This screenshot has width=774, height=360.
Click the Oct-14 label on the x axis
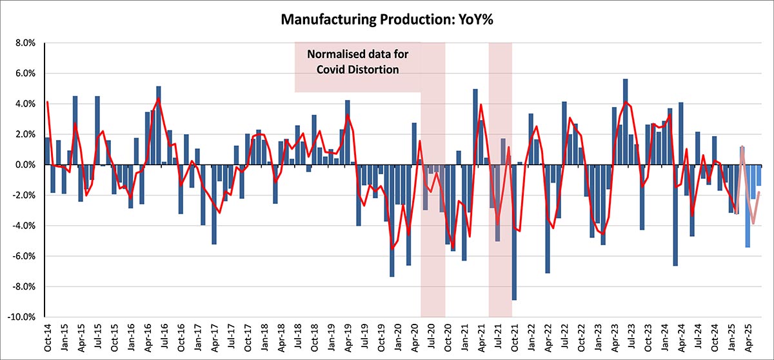pyautogui.click(x=47, y=336)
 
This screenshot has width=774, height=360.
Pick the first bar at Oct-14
pyautogui.click(x=47, y=152)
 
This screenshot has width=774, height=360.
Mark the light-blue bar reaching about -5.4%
pyautogui.click(x=748, y=206)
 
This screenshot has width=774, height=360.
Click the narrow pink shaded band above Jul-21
pyautogui.click(x=501, y=97)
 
